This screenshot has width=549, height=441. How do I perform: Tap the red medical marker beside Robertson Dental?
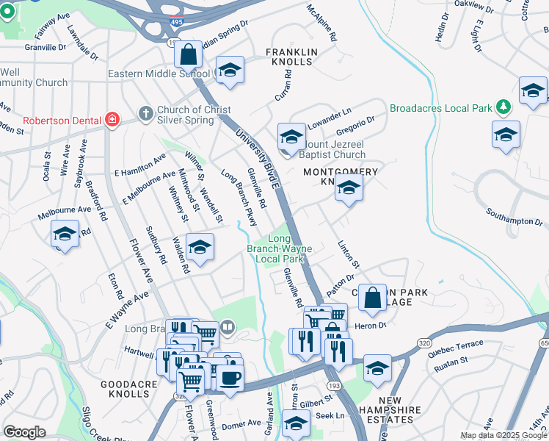point(112,120)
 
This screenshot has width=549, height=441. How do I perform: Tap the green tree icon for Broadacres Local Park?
point(503,107)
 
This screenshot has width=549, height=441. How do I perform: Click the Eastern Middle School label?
point(159,73)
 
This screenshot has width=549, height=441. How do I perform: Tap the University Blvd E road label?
point(258,159)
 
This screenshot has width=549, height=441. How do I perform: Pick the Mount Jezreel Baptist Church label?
point(328,149)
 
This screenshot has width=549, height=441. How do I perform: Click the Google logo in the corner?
point(24,432)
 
